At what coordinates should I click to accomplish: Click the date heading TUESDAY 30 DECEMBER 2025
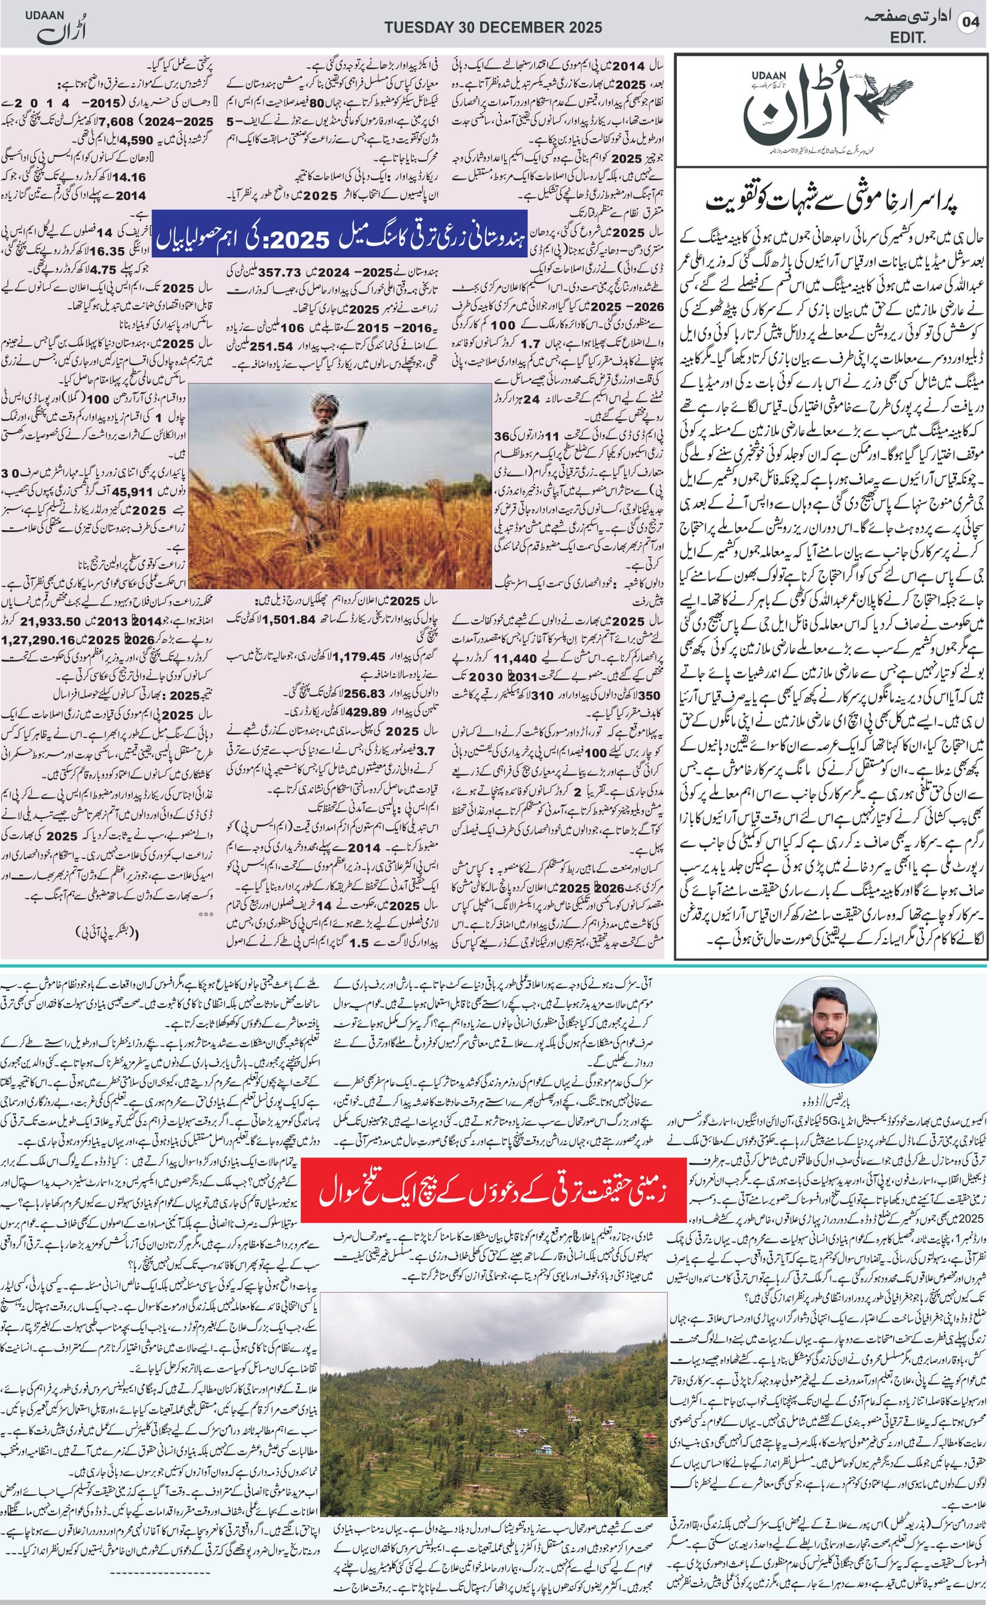tap(493, 27)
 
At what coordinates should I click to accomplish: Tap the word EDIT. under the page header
tap(908, 38)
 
